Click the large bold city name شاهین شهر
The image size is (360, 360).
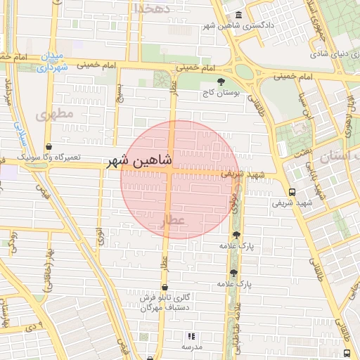point(139,161)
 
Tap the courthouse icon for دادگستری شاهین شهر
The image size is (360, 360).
point(238,15)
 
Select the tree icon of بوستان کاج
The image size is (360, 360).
point(221,82)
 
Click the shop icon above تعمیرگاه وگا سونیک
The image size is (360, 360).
point(48,146)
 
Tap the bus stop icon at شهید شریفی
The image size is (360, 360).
point(292,192)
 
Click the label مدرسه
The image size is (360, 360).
point(192,347)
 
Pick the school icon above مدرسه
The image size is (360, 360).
point(192,337)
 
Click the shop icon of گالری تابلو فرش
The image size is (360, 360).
point(165,287)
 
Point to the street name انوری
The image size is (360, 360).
point(100,235)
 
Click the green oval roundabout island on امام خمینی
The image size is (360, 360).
point(244,72)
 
